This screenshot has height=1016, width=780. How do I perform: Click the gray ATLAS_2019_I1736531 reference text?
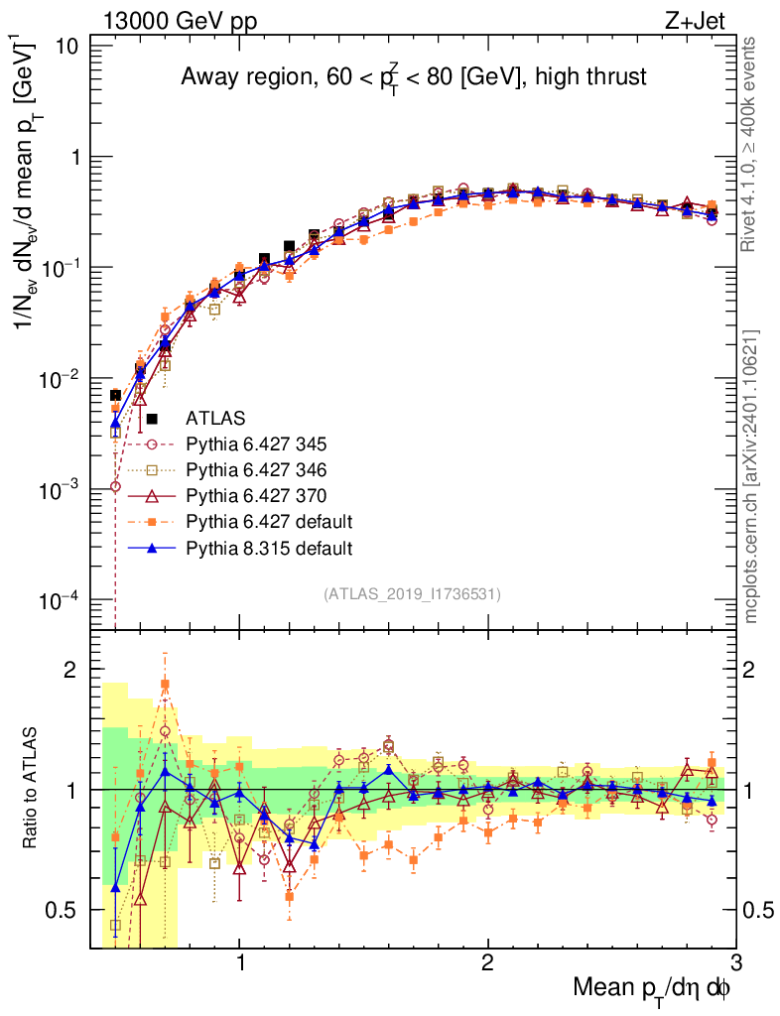point(412,594)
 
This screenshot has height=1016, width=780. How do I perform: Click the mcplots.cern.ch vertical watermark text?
point(751,476)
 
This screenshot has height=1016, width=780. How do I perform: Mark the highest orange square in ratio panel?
point(166,684)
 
